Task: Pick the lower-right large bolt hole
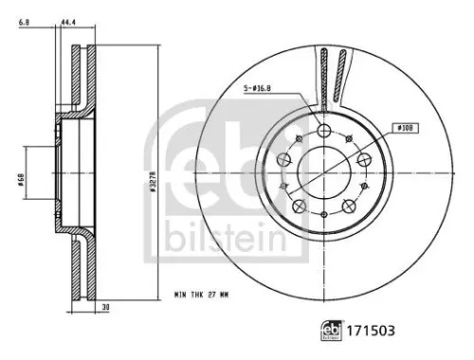(x=349, y=207)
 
